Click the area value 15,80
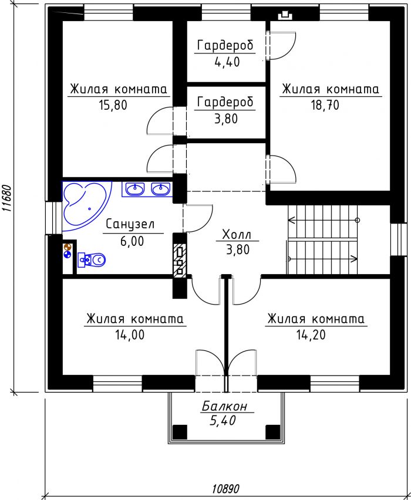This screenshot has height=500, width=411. (x=113, y=105)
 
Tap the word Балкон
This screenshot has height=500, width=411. (x=225, y=407)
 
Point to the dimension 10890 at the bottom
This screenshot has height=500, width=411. (x=225, y=488)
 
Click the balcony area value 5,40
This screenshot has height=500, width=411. (x=223, y=421)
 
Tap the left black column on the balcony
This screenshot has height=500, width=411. (x=180, y=432)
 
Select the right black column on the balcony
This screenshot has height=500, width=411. (x=273, y=432)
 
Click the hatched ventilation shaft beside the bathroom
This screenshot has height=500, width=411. (x=180, y=260)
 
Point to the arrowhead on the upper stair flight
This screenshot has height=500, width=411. (x=291, y=220)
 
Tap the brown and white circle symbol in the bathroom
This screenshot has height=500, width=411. (x=68, y=247)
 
